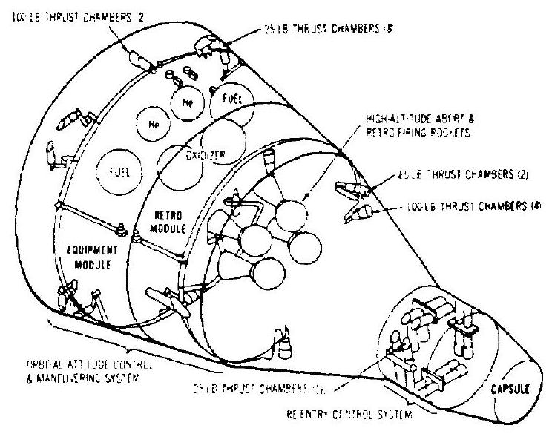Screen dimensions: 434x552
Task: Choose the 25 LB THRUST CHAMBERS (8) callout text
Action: click(302, 32)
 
